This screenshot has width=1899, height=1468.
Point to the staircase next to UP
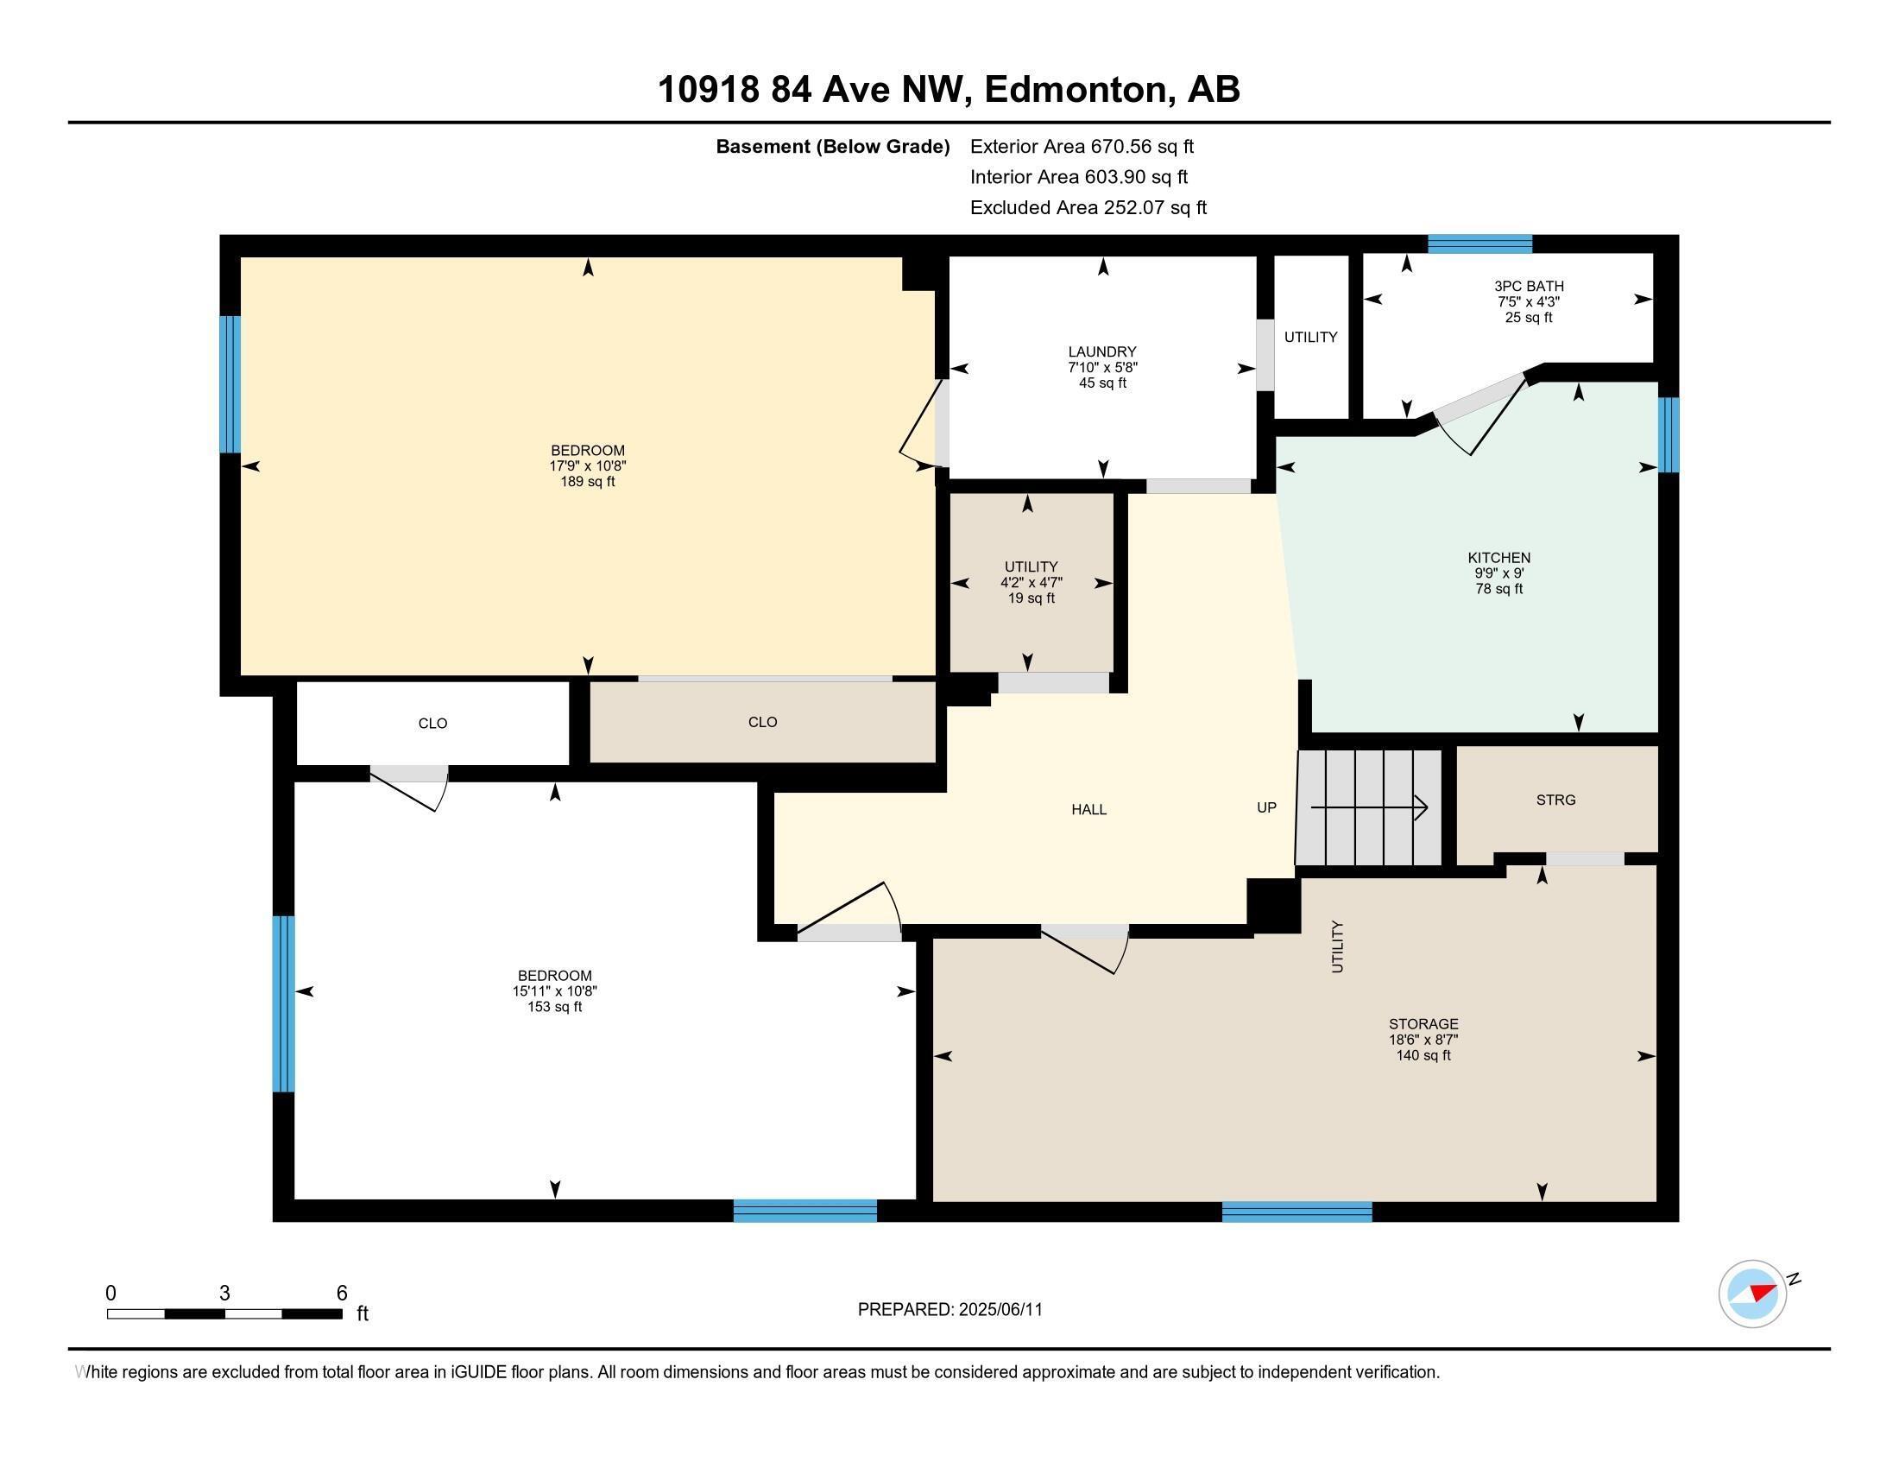pyautogui.click(x=1369, y=808)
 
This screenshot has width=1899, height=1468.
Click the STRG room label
pyautogui.click(x=1555, y=800)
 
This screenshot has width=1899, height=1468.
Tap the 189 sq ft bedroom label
pyautogui.click(x=588, y=465)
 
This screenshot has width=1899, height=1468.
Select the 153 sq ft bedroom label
pyautogui.click(x=554, y=990)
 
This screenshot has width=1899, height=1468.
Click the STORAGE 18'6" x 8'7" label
pyautogui.click(x=1423, y=1039)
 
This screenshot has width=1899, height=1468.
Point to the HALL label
pyautogui.click(x=1088, y=810)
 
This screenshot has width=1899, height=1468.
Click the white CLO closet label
pyautogui.click(x=432, y=724)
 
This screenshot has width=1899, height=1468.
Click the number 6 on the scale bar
pyautogui.click(x=342, y=1294)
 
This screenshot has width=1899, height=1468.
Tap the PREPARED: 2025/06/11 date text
pyautogui.click(x=949, y=1310)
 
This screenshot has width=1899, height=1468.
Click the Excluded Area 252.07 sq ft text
pyautogui.click(x=1088, y=208)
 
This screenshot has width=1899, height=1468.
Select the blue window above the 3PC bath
pyautogui.click(x=1479, y=244)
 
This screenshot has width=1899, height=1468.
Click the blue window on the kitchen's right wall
pyautogui.click(x=1668, y=434)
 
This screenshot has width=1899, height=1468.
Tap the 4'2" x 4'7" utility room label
pyautogui.click(x=1032, y=582)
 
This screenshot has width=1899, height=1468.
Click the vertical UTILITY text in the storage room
pyautogui.click(x=1337, y=946)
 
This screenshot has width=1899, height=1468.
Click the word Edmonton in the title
pyautogui.click(x=1076, y=90)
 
